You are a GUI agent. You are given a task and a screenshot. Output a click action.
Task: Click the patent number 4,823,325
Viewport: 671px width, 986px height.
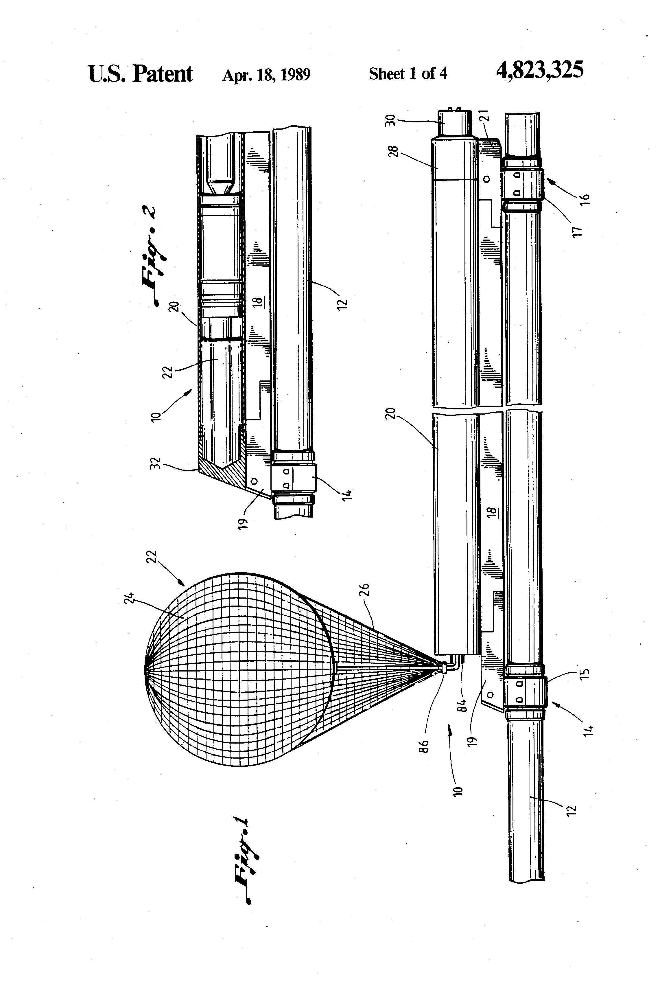coord(539,70)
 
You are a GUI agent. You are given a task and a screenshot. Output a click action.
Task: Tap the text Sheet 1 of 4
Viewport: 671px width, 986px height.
coord(408,74)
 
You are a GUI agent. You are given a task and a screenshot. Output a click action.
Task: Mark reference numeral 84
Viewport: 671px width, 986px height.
coord(463,705)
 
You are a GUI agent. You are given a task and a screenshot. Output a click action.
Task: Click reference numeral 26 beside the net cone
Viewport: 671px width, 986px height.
coord(365,590)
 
